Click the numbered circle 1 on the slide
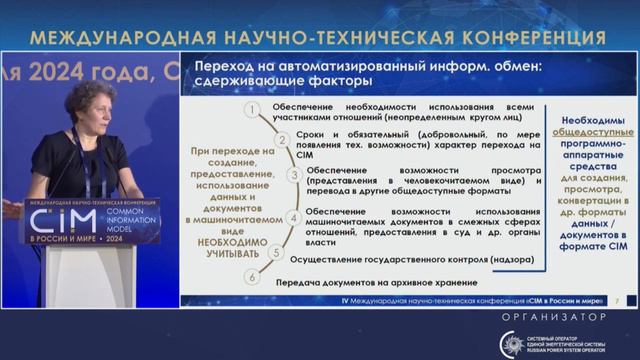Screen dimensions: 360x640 (x=254, y=109)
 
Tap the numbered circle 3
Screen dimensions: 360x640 (x=294, y=175)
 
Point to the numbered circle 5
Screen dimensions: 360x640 (x=277, y=253)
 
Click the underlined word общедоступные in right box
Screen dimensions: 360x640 (x=589, y=132)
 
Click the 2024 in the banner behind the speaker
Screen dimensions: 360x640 (x=65, y=74)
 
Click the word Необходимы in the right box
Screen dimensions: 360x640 (x=589, y=118)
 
